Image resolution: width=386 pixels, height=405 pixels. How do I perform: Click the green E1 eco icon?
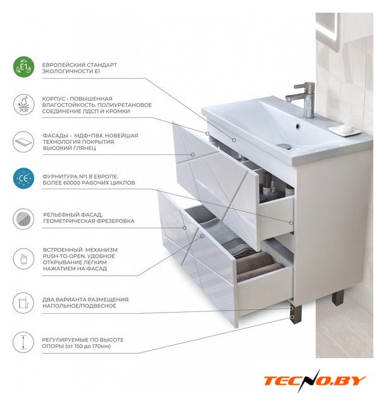point(23,68)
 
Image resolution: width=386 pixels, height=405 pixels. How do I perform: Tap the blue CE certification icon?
point(23,178)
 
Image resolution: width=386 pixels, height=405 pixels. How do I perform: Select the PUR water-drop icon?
point(23,104)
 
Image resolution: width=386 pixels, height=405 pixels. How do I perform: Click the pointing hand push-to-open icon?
point(23,259)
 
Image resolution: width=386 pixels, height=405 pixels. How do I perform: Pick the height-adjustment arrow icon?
point(23,342)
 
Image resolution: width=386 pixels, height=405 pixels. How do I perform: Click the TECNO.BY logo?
point(315,381)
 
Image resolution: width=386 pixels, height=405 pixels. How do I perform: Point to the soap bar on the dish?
point(346,128)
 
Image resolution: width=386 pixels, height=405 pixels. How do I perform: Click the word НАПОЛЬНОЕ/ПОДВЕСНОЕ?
point(79,306)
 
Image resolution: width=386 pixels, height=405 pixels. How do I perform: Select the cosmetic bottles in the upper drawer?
point(271,187)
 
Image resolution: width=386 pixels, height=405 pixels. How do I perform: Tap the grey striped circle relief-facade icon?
point(23,219)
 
